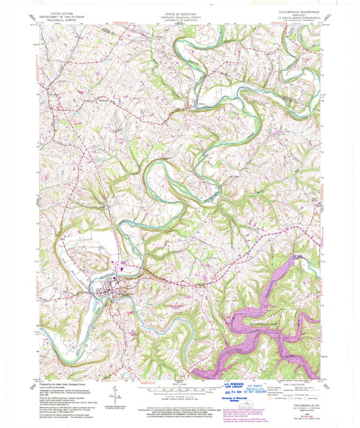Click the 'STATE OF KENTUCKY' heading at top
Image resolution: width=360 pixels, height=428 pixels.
point(179,4)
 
